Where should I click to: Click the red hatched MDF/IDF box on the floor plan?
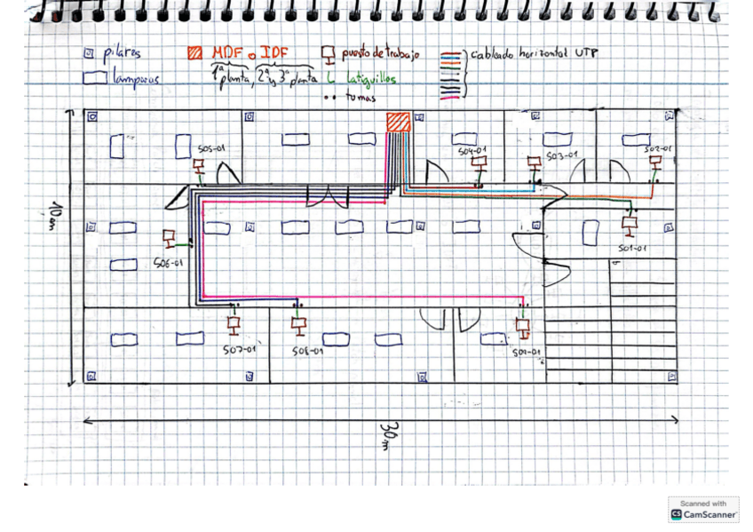coord(398,122)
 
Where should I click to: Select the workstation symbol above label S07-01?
coord(234,323)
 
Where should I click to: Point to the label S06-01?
coord(168,263)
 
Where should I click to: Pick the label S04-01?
coord(472,151)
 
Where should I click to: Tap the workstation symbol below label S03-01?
coord(534,164)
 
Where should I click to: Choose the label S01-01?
coord(630,249)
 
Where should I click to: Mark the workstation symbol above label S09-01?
coord(523,328)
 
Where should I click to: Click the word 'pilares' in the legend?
coord(122,53)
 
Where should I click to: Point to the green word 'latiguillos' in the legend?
coord(371,79)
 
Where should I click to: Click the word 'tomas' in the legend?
coord(354,98)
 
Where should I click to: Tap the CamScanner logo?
coord(703,510)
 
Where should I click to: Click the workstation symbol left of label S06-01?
coord(169,239)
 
